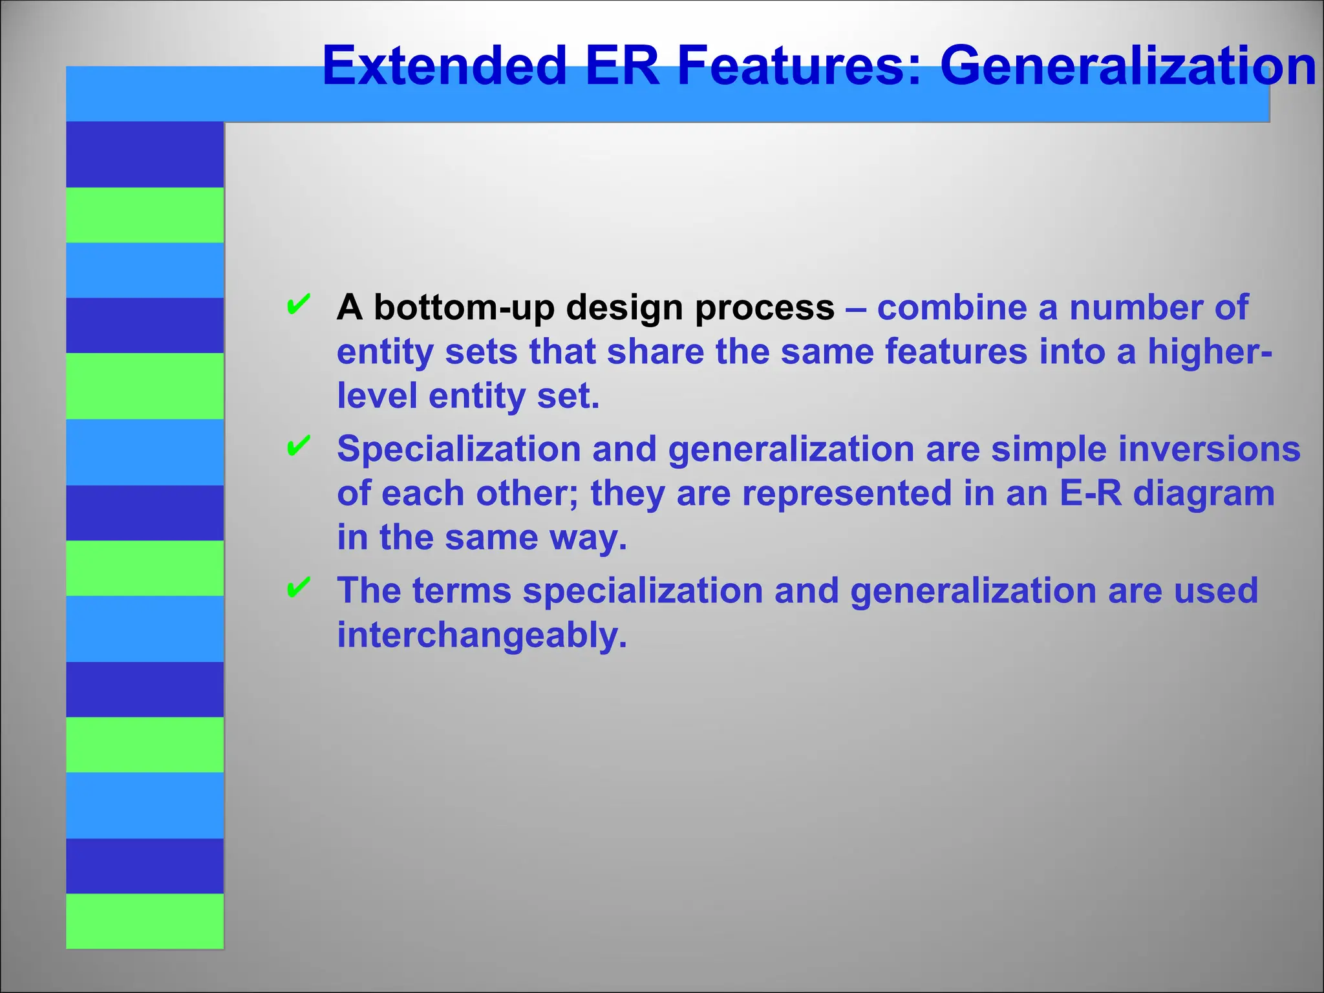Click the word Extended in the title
[444, 65]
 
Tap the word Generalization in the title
[1127, 65]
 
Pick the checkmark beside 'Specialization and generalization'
[298, 446]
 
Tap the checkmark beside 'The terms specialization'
[298, 588]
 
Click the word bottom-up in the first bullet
[464, 308]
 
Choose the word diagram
[1204, 493]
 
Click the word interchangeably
[482, 635]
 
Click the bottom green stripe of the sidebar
[145, 921]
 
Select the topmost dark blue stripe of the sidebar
[145, 154]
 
